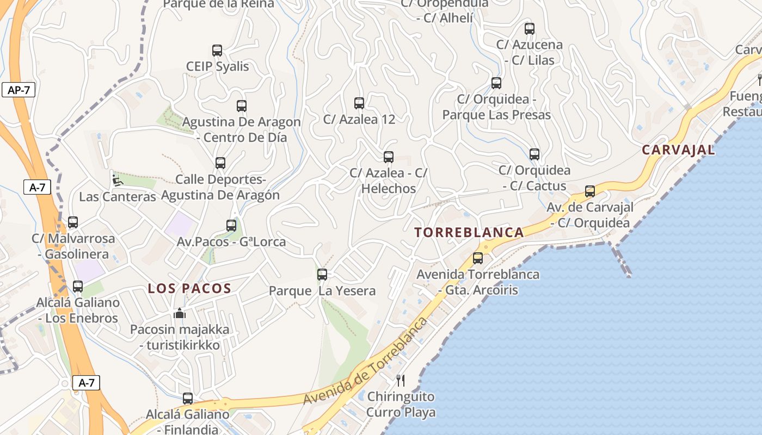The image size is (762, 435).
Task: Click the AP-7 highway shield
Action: coord(19,90)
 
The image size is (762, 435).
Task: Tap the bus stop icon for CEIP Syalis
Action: coord(217,51)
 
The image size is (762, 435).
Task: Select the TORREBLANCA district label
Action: coord(469,233)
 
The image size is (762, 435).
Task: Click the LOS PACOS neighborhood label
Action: coord(189,289)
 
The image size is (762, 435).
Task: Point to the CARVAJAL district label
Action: coord(678,150)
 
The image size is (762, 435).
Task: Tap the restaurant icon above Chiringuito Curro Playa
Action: coord(401,380)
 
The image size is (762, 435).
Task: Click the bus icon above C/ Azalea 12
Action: coord(359,103)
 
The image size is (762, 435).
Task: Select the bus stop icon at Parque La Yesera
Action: coord(322,275)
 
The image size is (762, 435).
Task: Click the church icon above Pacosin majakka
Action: coord(180,313)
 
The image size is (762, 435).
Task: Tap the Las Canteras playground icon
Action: coord(118,180)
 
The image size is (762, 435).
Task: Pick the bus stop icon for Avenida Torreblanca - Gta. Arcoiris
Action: coord(478,258)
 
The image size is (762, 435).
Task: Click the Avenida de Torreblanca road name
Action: coord(365,362)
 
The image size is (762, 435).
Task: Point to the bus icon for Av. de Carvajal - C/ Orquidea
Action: coord(590,191)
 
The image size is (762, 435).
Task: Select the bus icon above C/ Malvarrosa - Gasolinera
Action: coord(73,222)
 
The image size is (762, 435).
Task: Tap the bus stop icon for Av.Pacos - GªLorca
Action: coord(231,226)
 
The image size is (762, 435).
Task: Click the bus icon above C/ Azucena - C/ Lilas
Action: coord(530,29)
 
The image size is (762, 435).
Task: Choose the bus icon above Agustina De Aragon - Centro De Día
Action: coord(242,106)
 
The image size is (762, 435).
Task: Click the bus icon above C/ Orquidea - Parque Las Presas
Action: coord(496,83)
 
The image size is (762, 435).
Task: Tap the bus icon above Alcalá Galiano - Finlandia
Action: coord(188,399)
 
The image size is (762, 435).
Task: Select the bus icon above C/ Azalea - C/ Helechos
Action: coord(389,157)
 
